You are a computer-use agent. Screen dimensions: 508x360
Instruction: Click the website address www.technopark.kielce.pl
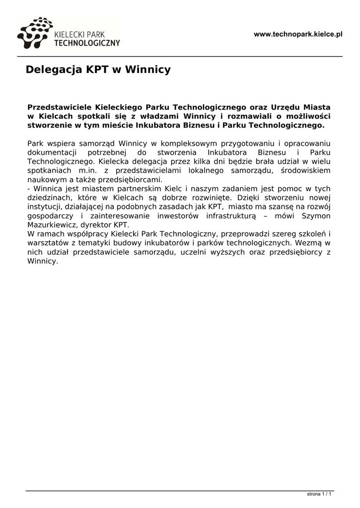(x=298, y=34)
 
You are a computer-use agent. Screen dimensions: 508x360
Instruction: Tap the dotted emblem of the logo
(x=34, y=33)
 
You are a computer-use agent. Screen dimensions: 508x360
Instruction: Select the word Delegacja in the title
(x=55, y=69)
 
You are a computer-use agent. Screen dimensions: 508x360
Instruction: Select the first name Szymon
(x=316, y=216)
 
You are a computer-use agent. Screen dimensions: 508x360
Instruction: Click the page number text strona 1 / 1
(x=319, y=494)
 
